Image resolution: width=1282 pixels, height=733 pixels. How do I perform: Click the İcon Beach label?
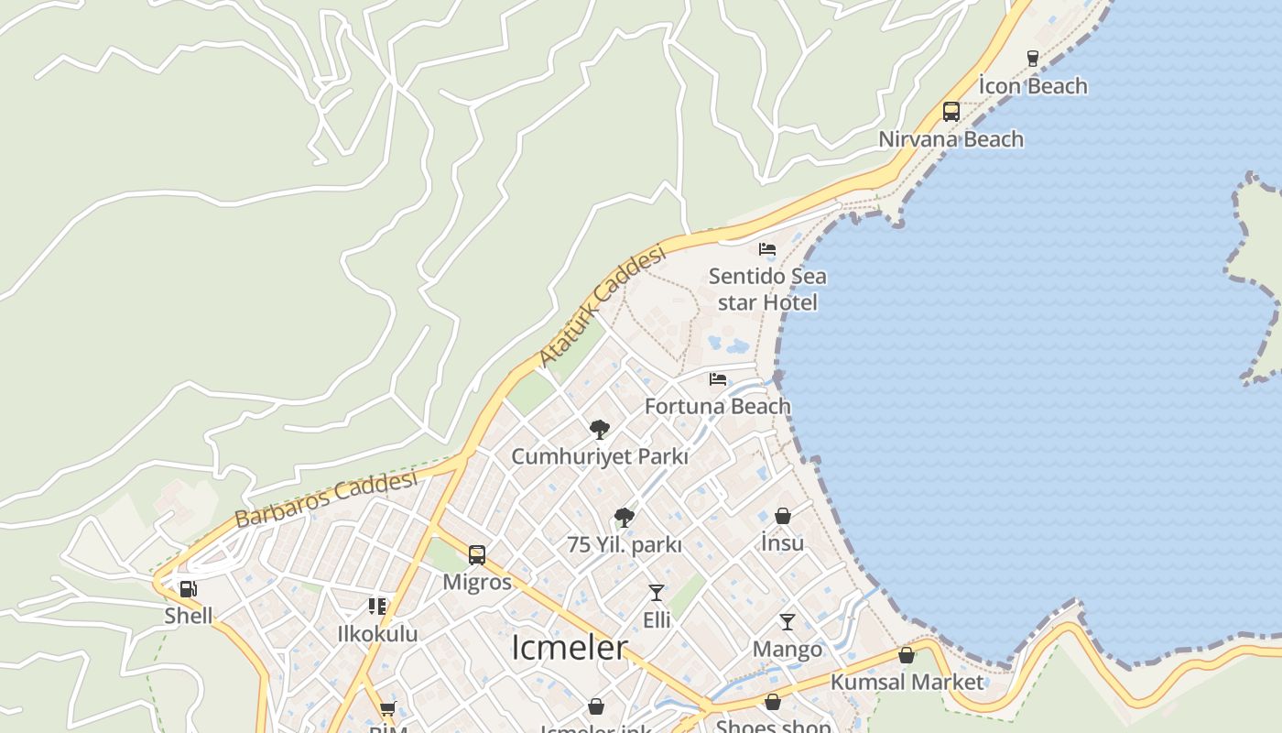(1033, 86)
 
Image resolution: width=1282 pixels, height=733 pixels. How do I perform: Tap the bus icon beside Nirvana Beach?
(951, 112)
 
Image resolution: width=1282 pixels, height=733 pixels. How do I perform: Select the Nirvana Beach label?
(951, 139)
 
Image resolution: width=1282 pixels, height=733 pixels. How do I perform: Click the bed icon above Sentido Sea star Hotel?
(767, 249)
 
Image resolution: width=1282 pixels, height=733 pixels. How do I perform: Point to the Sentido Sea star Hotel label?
(767, 289)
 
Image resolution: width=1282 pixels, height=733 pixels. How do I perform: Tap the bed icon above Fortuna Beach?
(718, 379)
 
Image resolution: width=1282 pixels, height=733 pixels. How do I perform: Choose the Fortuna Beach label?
(718, 406)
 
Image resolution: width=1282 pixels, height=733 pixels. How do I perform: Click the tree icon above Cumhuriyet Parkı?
(600, 429)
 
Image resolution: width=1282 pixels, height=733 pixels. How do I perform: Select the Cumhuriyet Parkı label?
(600, 456)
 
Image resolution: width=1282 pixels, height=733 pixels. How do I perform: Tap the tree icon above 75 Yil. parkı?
(625, 518)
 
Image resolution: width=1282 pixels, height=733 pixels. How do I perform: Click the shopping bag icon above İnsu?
(783, 516)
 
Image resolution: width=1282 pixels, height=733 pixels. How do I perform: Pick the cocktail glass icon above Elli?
(657, 593)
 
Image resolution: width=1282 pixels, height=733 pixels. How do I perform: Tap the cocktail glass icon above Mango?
(788, 622)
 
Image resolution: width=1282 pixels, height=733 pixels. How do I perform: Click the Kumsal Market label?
(907, 683)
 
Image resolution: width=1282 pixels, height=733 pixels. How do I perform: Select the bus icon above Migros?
(477, 554)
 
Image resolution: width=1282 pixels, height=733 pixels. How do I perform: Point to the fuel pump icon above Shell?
(188, 589)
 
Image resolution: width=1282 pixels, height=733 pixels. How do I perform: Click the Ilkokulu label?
(377, 634)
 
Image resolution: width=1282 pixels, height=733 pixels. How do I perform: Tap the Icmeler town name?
(569, 648)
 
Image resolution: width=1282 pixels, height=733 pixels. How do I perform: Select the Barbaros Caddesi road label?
(326, 498)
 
